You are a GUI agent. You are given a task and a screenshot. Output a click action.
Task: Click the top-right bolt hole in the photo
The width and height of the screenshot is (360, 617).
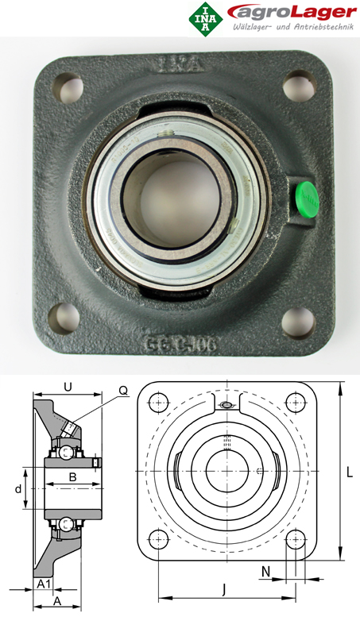tap(298, 83)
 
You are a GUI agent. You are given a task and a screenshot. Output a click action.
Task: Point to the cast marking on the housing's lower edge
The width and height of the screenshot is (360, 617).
tap(182, 344)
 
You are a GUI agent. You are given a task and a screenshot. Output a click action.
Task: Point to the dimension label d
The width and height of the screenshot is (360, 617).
tap(17, 489)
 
